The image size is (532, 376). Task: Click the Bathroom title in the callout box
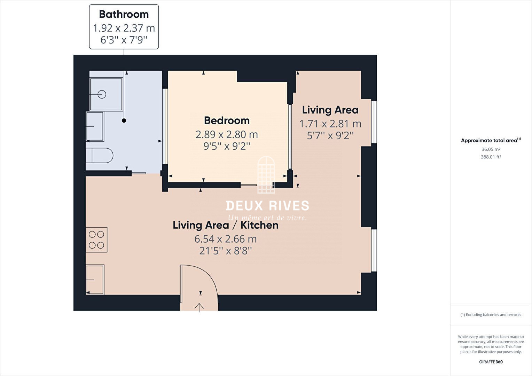tap(124, 14)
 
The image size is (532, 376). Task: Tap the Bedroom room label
tap(227, 120)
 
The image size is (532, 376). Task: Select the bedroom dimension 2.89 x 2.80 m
tap(227, 134)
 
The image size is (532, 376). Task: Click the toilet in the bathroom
tap(100, 156)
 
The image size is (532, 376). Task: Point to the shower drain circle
tap(102, 94)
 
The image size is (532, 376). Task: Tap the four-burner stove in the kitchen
tap(96, 240)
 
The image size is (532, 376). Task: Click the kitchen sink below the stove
tap(95, 280)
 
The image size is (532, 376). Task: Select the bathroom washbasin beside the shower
tap(95, 126)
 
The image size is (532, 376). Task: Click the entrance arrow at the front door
tap(199, 308)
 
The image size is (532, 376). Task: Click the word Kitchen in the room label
tap(259, 225)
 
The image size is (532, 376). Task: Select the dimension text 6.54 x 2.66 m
tap(226, 239)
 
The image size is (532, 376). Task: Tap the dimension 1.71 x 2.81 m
tap(330, 124)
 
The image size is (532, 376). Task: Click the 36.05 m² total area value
tap(491, 149)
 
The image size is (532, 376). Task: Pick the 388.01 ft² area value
tap(491, 157)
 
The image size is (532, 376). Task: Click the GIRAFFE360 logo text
tap(491, 362)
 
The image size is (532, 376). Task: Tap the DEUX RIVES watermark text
tap(267, 206)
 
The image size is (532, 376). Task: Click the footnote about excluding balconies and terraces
tap(491, 315)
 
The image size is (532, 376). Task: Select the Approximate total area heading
tap(491, 140)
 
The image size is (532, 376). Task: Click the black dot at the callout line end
tap(124, 121)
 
